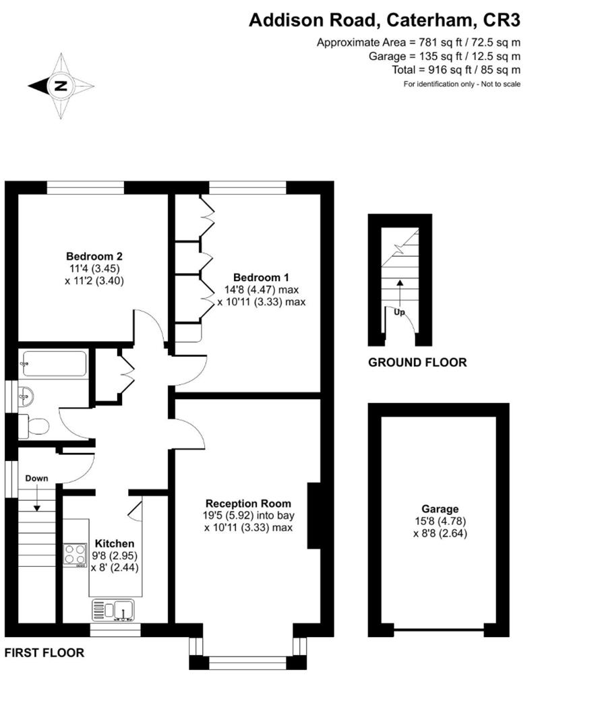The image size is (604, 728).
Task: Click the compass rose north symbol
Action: point(61,86)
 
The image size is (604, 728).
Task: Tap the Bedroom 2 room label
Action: point(94,256)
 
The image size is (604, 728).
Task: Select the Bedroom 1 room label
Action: point(261,278)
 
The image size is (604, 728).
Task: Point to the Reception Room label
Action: point(248,504)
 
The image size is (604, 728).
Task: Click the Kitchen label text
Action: point(114,544)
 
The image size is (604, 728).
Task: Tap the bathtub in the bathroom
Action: point(54,363)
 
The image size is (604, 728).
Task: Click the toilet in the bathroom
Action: point(34,426)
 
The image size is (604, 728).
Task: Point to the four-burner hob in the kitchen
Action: point(75,554)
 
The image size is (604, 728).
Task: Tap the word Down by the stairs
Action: point(36,479)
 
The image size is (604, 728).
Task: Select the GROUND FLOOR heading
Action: point(417,363)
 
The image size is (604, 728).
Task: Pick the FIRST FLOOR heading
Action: point(44,653)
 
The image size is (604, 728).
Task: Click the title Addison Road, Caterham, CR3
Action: point(384,20)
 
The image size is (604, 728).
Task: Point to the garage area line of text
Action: point(444,56)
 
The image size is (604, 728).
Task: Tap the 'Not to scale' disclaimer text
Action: point(462,84)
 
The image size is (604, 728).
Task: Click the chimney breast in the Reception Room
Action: point(313,516)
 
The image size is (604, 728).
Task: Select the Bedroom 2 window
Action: point(86,187)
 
